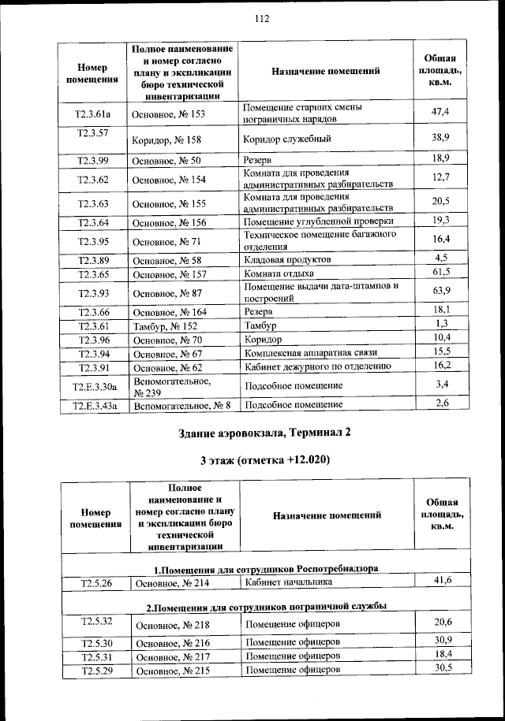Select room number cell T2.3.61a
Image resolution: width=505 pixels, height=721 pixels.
click(x=92, y=113)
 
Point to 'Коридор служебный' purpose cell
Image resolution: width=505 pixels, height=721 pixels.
click(x=287, y=139)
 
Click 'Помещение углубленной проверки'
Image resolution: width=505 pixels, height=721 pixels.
click(x=318, y=222)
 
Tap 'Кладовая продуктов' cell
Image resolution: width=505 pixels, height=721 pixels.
click(x=287, y=259)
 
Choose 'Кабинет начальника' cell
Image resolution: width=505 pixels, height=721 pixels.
click(x=289, y=582)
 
